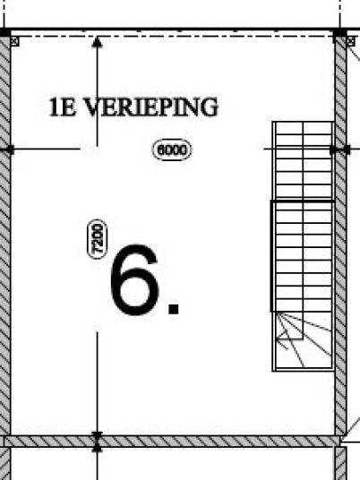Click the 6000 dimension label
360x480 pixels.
[171, 150]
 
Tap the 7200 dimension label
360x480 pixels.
[98, 239]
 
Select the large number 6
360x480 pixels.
[134, 279]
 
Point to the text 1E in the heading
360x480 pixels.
[63, 107]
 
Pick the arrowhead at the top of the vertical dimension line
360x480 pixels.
[97, 42]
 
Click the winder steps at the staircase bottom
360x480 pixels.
[303, 341]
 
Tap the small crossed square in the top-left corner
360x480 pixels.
[14, 41]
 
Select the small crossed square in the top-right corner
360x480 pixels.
[351, 41]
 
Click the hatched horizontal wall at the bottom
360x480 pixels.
[171, 441]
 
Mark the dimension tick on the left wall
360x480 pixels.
[9, 150]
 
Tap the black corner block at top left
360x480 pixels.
[4, 32]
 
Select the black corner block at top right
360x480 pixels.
[340, 32]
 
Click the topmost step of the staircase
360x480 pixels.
[303, 128]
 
